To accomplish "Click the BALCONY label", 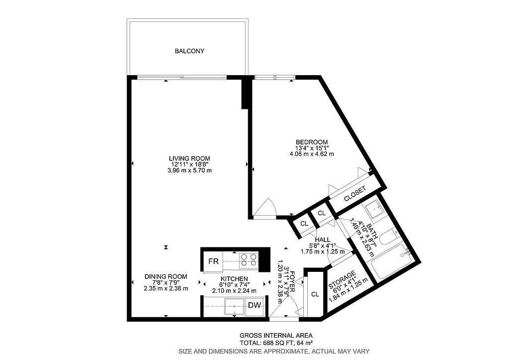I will coord(189,51).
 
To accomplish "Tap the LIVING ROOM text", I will coord(189,158).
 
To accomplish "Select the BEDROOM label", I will coord(311,141).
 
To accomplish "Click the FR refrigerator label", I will coord(213,261).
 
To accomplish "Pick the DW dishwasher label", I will coord(254,305).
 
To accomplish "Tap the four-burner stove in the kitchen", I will coord(249,260).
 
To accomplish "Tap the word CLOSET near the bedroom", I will coord(355,192).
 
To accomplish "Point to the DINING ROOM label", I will coord(166,277).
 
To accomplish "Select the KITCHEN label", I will coord(234,279).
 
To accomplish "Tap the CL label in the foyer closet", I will coord(315,294).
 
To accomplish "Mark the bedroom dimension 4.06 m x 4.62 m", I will coord(311,154).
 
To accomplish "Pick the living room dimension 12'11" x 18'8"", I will coord(189,164).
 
